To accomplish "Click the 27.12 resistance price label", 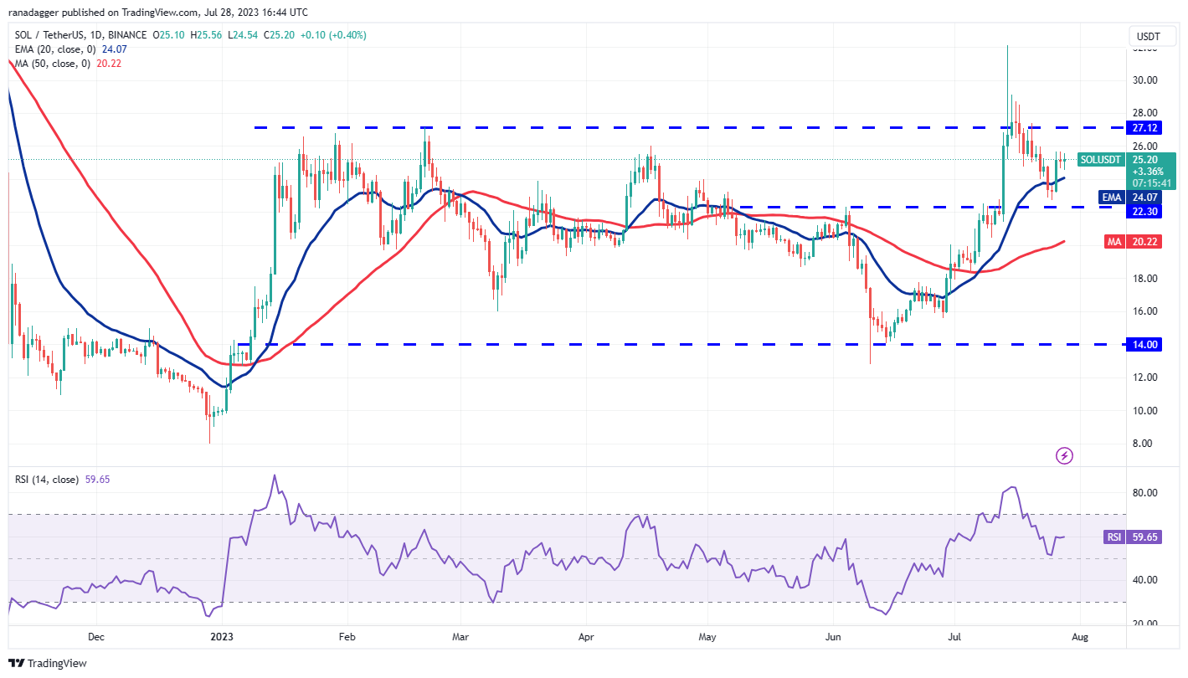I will click(x=1144, y=128).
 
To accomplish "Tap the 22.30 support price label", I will click(x=1144, y=212).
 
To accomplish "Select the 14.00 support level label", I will click(x=1144, y=345).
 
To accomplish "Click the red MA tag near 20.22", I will click(x=1113, y=241).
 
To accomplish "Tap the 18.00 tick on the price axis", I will click(x=1144, y=279).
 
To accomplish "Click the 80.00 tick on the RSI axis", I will click(x=1144, y=493).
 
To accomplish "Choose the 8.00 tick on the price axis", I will click(x=1144, y=444).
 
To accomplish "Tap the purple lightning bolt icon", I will click(x=1064, y=456).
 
